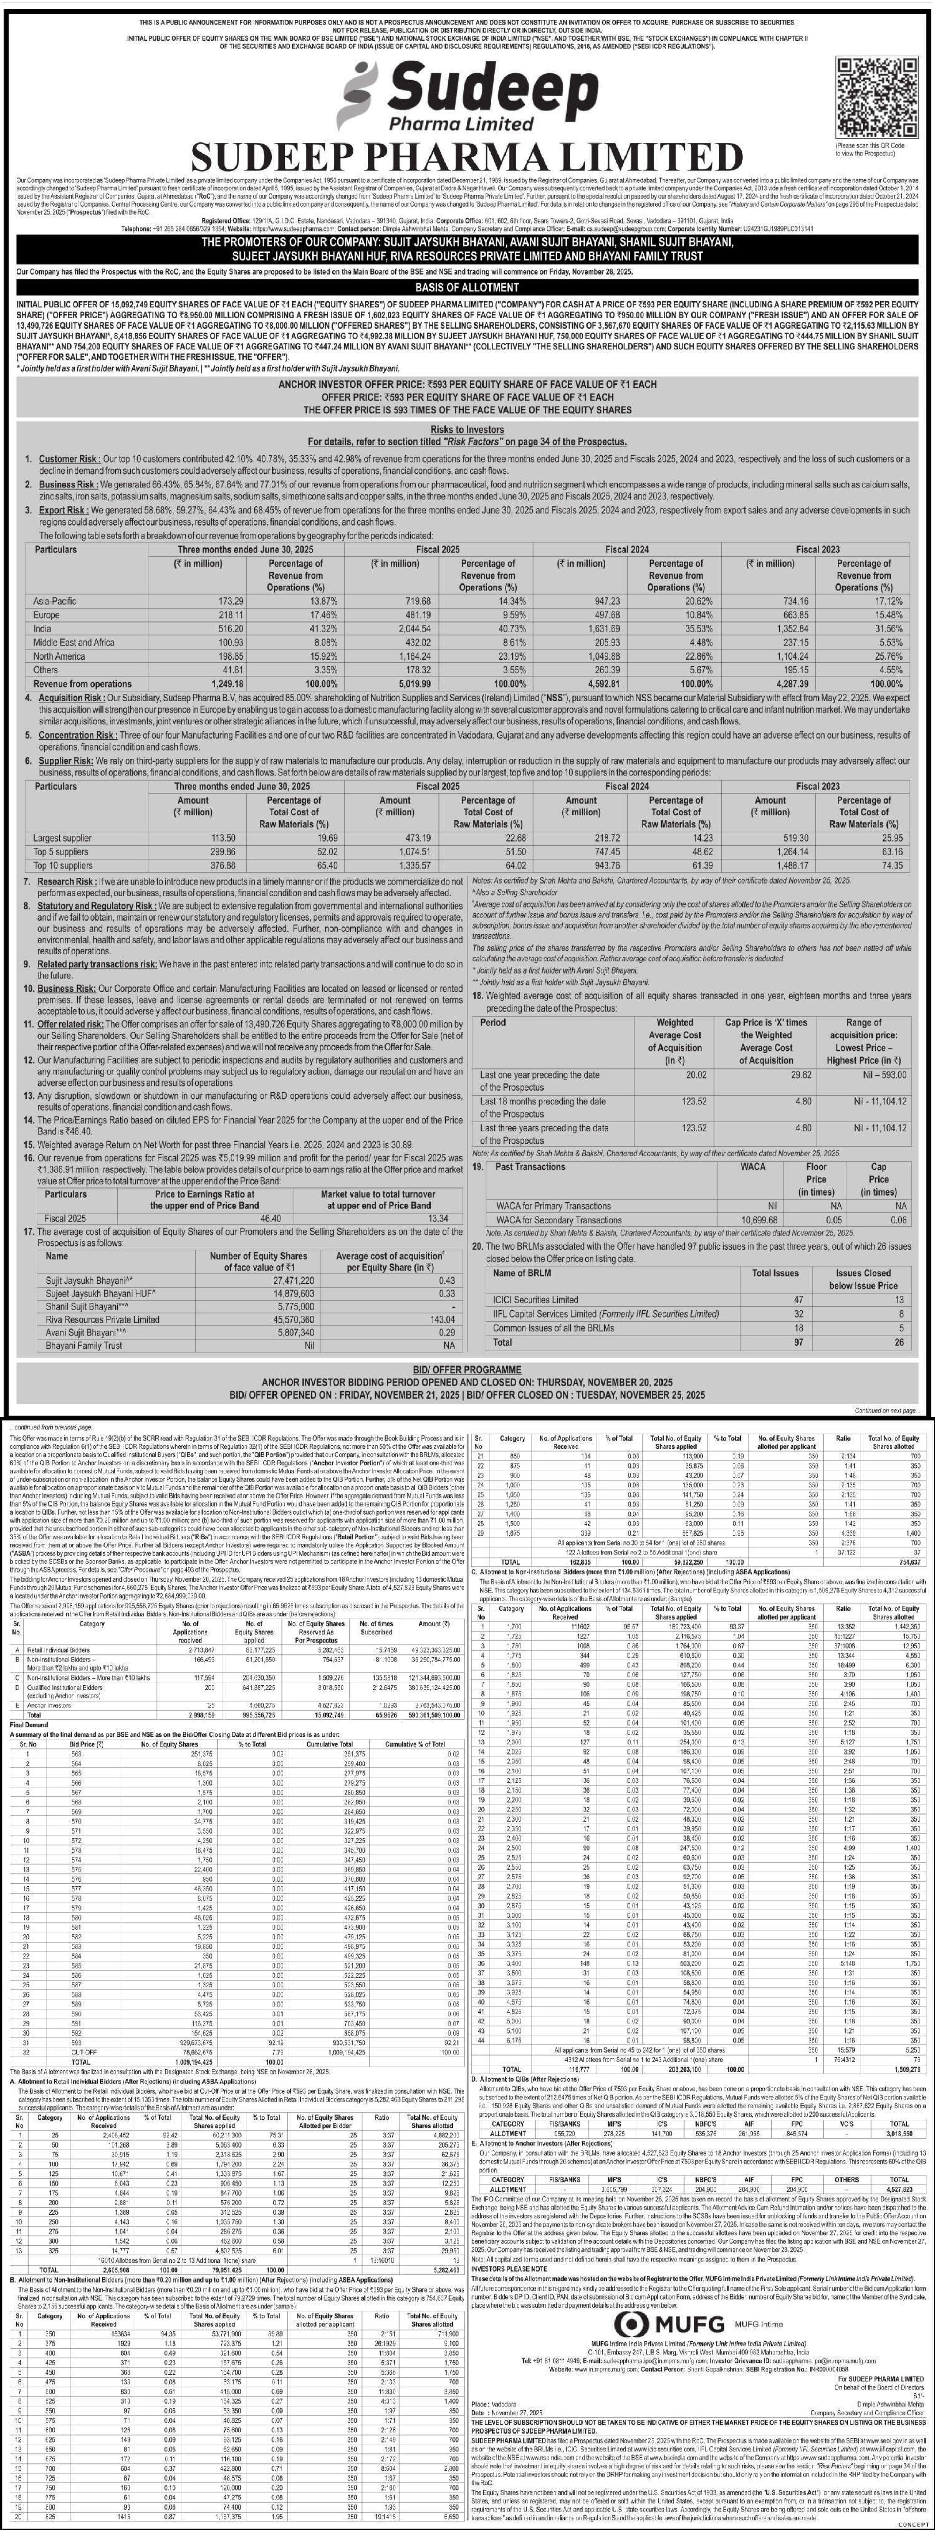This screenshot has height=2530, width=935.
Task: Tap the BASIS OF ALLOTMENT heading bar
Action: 467,287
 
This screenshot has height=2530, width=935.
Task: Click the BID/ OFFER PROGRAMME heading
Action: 467,1368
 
